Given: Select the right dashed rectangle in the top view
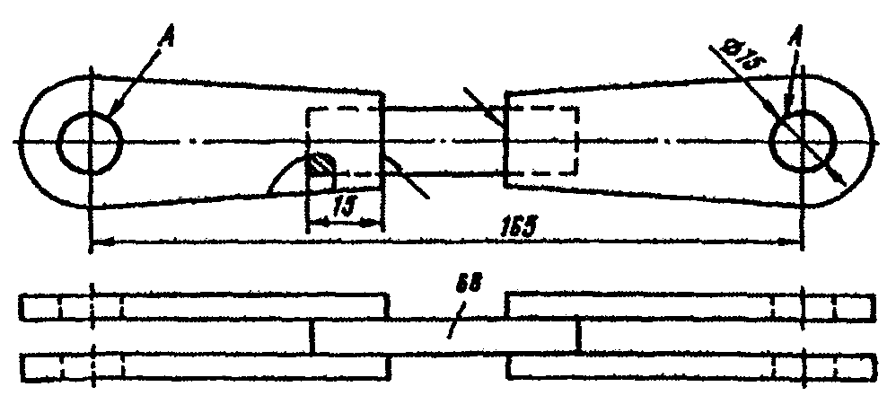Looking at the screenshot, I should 541,140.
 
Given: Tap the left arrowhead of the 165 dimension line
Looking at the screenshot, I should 99,241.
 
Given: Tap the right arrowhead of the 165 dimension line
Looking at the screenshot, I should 794,241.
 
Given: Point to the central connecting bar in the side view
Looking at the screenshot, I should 446,338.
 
